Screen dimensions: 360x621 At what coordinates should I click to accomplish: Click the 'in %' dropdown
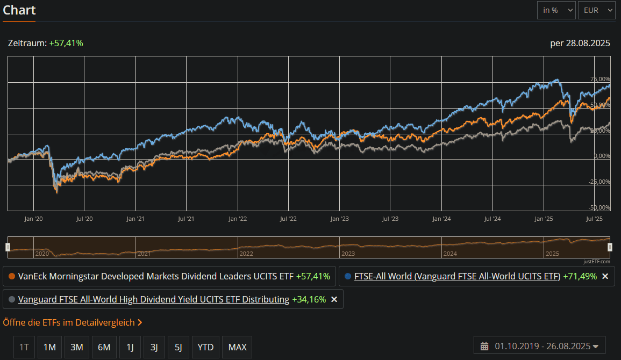556,10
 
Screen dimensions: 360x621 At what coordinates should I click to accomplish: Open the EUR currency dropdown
596,10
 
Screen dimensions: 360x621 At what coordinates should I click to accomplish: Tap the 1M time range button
50,347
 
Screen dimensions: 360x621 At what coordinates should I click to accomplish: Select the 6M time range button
104,347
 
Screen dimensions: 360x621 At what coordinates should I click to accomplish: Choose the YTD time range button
205,347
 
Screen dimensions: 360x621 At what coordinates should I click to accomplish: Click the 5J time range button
178,347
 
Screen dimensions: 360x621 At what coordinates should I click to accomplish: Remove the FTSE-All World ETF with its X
605,276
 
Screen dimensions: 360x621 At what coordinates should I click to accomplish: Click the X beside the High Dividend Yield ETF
334,299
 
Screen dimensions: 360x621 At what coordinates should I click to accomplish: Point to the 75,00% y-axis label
601,80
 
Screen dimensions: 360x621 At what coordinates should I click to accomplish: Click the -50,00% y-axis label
599,207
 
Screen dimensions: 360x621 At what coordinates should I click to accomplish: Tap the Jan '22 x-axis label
237,219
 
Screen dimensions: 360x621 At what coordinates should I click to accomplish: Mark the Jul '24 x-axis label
492,219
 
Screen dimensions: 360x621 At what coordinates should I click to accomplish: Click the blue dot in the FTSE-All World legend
347,276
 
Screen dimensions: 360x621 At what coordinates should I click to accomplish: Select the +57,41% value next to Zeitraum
66,43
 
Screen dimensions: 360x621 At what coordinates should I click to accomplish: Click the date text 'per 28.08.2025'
580,43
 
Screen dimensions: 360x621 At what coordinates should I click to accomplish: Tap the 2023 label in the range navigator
348,253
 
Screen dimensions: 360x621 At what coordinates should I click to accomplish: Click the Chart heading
19,10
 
